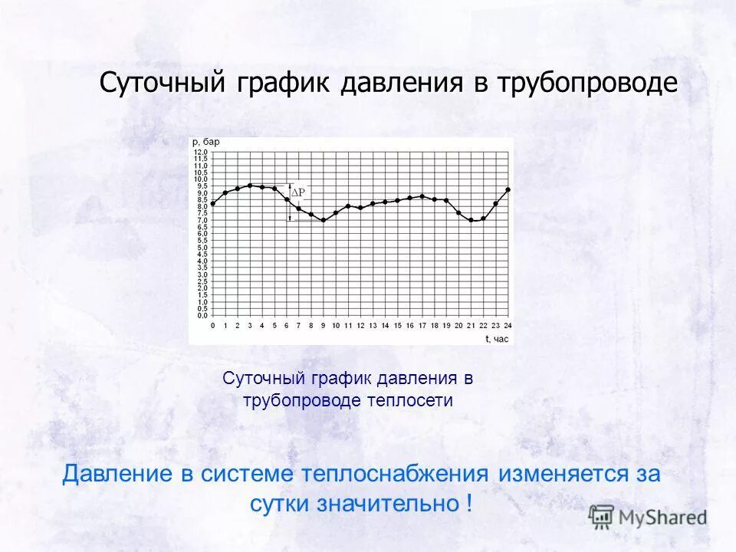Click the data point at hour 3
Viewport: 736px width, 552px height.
tap(250, 186)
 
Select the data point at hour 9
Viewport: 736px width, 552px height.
tap(324, 220)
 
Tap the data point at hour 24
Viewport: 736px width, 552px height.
tap(508, 189)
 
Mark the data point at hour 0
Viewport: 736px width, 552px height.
tap(213, 203)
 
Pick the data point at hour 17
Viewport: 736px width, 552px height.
tap(422, 196)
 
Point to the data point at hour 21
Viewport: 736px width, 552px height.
tap(471, 220)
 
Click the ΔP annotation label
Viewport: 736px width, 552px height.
tap(297, 192)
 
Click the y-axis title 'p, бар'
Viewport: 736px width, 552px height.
tap(205, 142)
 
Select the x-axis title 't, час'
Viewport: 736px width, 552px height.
tap(496, 338)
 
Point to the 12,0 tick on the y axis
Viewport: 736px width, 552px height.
tap(200, 153)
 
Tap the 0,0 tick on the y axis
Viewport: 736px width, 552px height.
tap(200, 315)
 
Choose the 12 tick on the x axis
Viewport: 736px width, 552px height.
tap(360, 326)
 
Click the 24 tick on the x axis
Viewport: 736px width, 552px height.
tap(508, 326)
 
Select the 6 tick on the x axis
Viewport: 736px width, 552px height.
tap(287, 326)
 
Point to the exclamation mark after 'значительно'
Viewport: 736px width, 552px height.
tap(468, 504)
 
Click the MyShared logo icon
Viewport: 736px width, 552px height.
tap(602, 517)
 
